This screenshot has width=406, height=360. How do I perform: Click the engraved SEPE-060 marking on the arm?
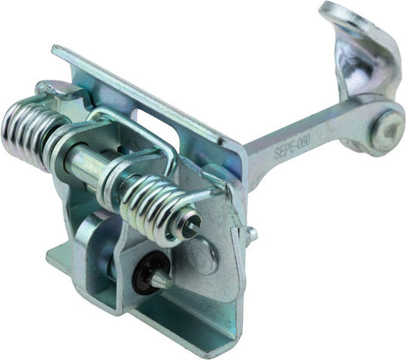pos(292,147)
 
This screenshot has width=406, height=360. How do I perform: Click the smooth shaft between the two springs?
pos(86,165)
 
